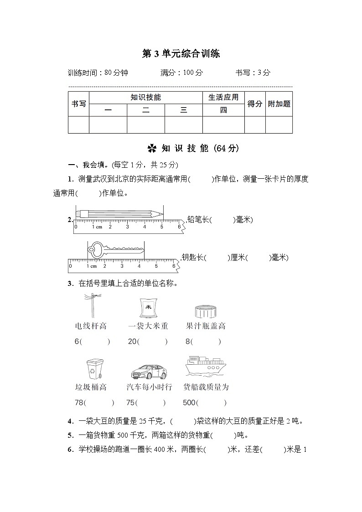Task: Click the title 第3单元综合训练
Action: [181, 54]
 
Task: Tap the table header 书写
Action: [78, 103]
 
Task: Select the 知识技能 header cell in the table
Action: [145, 97]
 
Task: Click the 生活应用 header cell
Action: [223, 97]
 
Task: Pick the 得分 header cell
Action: [255, 103]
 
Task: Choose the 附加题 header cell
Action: [279, 103]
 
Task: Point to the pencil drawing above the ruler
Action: [119, 213]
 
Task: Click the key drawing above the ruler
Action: [115, 248]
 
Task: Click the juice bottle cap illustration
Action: [205, 311]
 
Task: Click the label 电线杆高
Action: [91, 326]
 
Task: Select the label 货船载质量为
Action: [206, 387]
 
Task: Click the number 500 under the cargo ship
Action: [189, 403]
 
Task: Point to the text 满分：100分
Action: [181, 72]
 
